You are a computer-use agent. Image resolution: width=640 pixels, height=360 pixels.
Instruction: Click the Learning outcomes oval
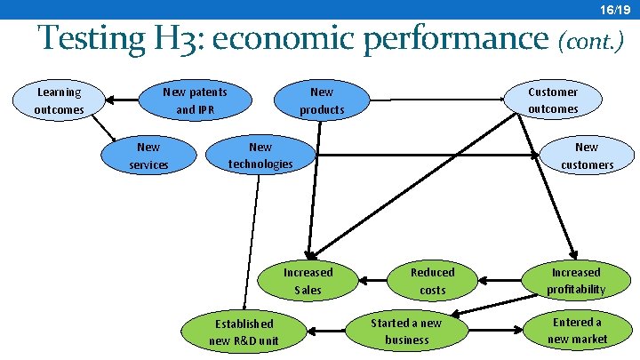click(58, 100)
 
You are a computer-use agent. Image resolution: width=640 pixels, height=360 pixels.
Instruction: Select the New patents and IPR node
click(195, 100)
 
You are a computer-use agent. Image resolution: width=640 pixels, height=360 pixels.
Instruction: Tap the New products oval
click(322, 100)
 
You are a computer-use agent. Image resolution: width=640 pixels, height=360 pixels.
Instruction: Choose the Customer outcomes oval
click(552, 100)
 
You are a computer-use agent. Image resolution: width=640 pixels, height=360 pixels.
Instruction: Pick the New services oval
click(148, 156)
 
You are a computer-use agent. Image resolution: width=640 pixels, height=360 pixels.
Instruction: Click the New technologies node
click(260, 156)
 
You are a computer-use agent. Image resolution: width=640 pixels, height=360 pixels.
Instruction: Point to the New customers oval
click(587, 156)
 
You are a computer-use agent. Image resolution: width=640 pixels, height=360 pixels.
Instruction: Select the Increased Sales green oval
click(308, 281)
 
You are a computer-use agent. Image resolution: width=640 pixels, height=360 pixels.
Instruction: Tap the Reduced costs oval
click(432, 281)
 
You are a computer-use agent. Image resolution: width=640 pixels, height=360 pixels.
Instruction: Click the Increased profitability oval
click(575, 281)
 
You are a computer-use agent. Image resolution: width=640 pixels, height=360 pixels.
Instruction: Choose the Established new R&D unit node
click(244, 332)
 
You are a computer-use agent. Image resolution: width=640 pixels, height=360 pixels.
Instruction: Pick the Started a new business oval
click(406, 331)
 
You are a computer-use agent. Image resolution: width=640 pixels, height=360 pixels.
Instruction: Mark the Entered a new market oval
click(577, 330)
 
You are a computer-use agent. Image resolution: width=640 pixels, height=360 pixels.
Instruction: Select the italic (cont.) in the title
click(590, 41)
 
